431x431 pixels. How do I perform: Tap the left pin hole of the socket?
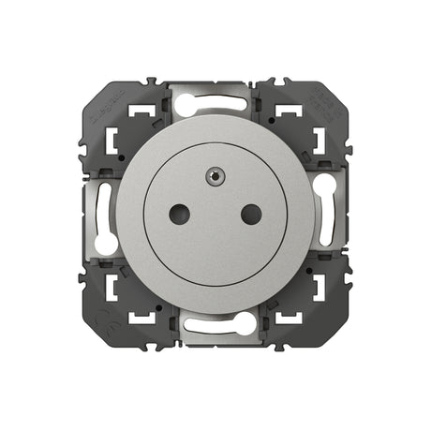(x=179, y=215)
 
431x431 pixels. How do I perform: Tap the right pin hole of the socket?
(x=250, y=215)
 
